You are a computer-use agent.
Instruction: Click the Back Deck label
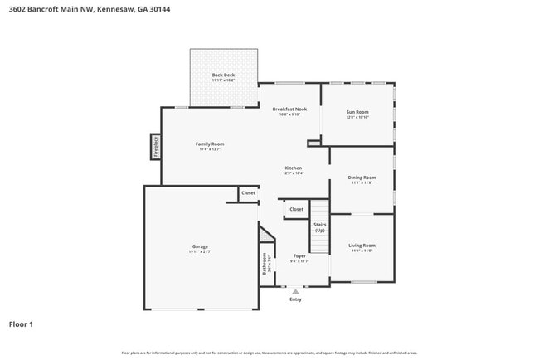(223, 75)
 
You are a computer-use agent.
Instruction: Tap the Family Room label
(210, 144)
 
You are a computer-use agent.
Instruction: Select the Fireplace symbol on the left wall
(155, 147)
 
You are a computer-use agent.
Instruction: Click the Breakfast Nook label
(289, 109)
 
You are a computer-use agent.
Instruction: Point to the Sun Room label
(357, 112)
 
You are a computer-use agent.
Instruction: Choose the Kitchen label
(294, 168)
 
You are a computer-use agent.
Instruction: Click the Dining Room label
(362, 177)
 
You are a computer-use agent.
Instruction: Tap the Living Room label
(362, 245)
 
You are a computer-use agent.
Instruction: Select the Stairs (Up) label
(319, 226)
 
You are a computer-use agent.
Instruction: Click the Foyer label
(299, 255)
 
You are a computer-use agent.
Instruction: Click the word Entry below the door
(295, 299)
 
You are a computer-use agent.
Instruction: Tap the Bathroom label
(265, 264)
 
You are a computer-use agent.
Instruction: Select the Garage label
(200, 246)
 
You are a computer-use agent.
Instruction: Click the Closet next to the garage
(248, 193)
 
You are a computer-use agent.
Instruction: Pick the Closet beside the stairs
(296, 209)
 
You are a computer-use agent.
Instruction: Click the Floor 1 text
(21, 324)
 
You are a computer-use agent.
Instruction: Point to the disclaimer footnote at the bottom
(269, 353)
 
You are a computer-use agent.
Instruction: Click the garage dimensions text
(200, 251)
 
